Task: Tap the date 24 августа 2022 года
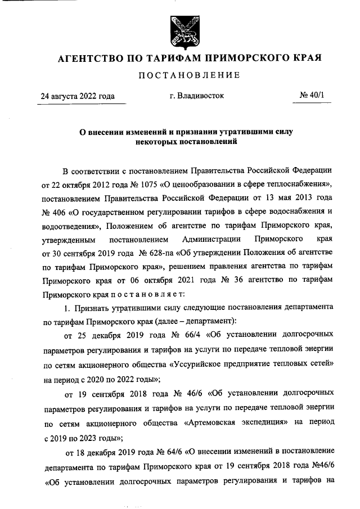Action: coord(77,96)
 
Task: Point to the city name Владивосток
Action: coord(196,96)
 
